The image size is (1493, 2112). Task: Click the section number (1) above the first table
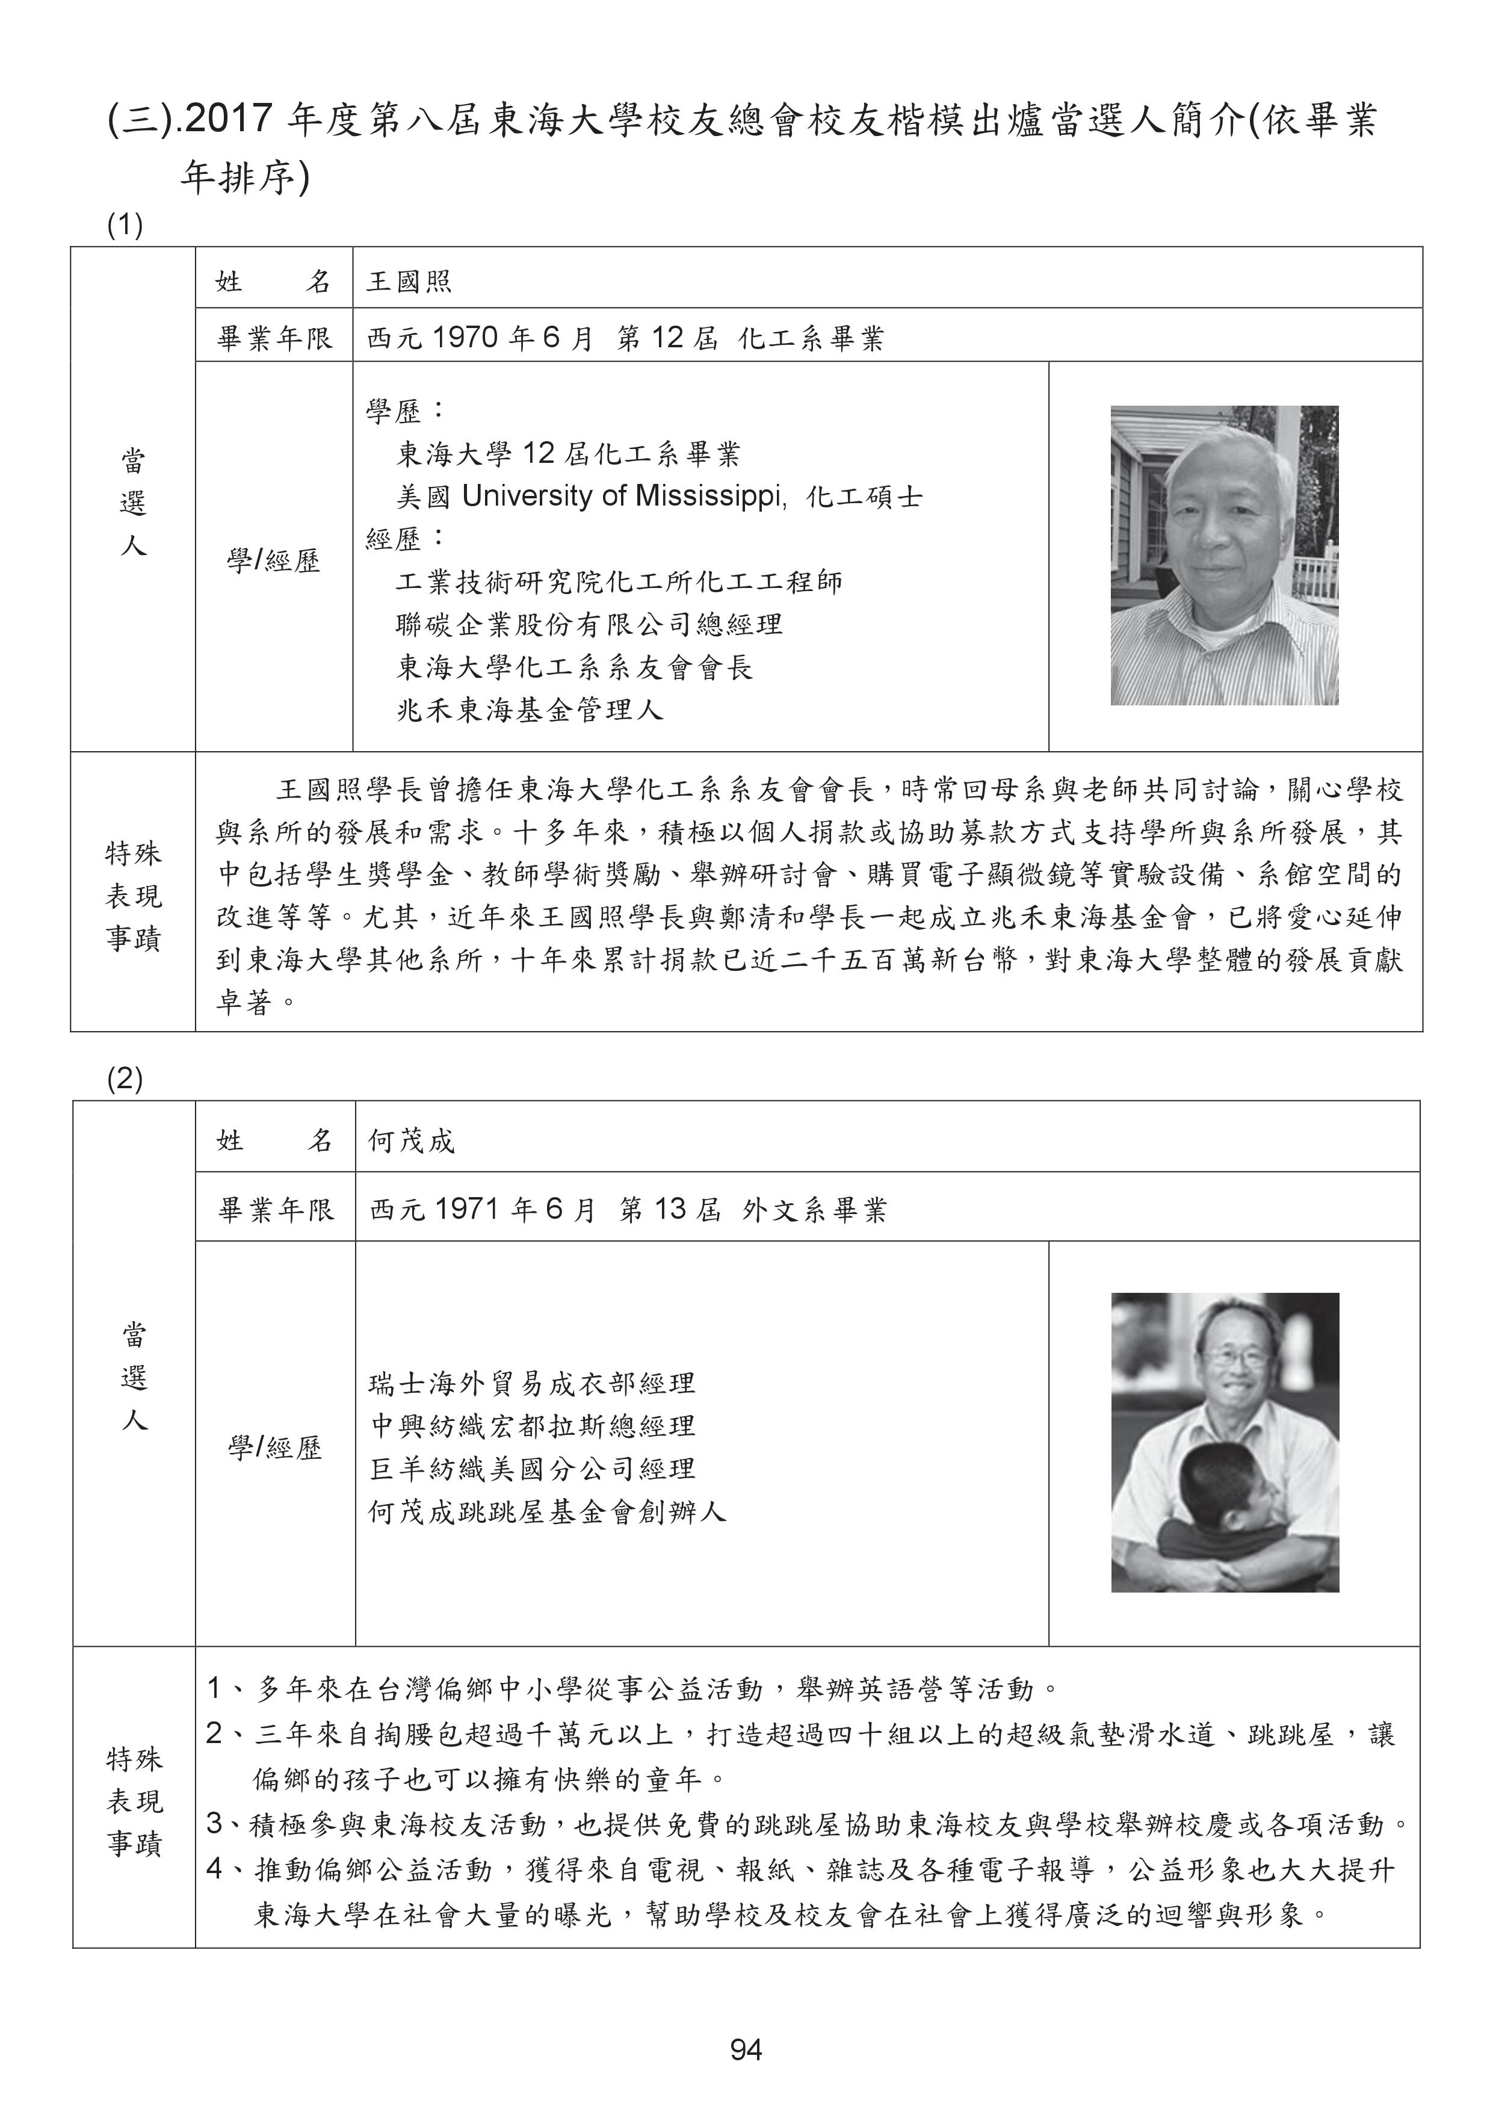point(125,225)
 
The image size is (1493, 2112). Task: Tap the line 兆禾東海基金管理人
point(530,710)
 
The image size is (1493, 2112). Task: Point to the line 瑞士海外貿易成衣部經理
point(532,1384)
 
